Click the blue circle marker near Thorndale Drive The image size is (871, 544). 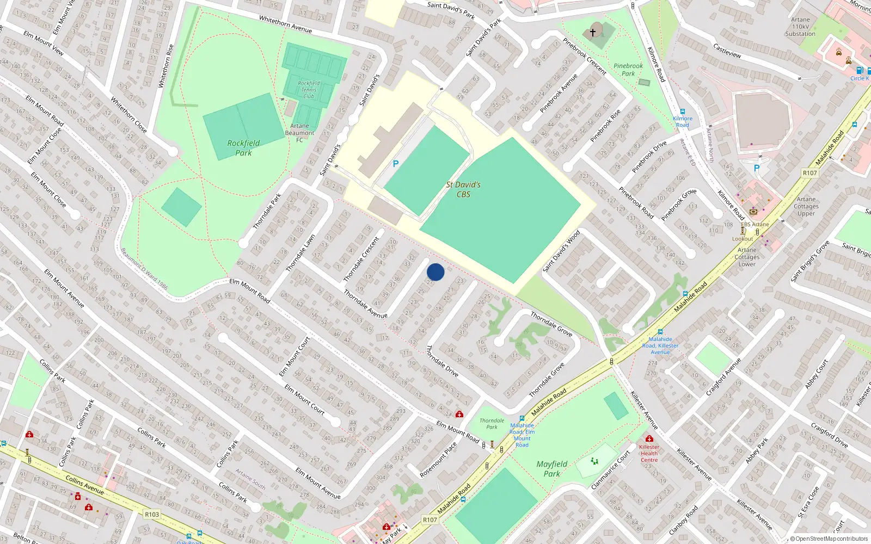pyautogui.click(x=436, y=272)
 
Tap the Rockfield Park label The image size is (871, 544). pyautogui.click(x=243, y=148)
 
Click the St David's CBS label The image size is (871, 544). pyautogui.click(x=463, y=189)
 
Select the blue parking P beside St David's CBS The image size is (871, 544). pyautogui.click(x=396, y=164)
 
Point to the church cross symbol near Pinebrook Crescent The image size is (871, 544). pyautogui.click(x=593, y=33)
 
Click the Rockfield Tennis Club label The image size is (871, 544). pyautogui.click(x=309, y=90)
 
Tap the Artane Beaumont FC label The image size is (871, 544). pyautogui.click(x=299, y=133)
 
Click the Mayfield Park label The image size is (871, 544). pyautogui.click(x=551, y=468)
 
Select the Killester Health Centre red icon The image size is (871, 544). pyautogui.click(x=649, y=438)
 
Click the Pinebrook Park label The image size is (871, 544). pyautogui.click(x=628, y=70)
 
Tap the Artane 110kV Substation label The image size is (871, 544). pyautogui.click(x=800, y=27)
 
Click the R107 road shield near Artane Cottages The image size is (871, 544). pyautogui.click(x=809, y=173)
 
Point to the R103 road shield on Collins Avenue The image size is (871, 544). pyautogui.click(x=152, y=514)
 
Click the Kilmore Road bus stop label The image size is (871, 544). pyautogui.click(x=683, y=121)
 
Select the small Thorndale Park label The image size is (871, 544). pyautogui.click(x=492, y=423)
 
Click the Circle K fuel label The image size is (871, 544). pyautogui.click(x=860, y=78)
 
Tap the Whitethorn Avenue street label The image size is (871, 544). pyautogui.click(x=285, y=24)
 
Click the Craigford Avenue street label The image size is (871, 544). pyautogui.click(x=723, y=377)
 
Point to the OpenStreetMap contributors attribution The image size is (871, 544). pyautogui.click(x=829, y=539)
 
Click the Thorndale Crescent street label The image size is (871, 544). pyautogui.click(x=361, y=259)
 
